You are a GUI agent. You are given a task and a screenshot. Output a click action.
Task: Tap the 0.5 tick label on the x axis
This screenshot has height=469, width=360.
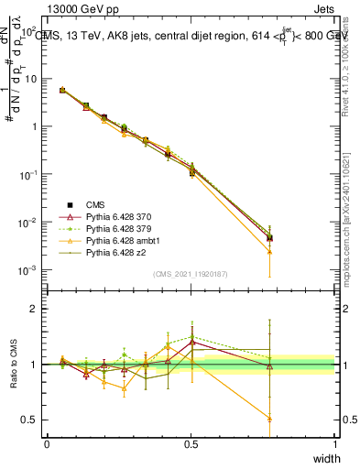pos(191,443)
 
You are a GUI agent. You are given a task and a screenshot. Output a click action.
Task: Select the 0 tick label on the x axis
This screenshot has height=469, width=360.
pos(47,443)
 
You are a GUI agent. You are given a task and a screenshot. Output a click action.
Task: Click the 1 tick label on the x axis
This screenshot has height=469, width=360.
pos(335,443)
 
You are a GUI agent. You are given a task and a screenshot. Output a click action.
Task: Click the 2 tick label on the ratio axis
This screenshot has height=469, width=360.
pos(36,309)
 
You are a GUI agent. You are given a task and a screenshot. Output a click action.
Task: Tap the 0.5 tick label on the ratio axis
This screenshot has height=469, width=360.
pos(31,420)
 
